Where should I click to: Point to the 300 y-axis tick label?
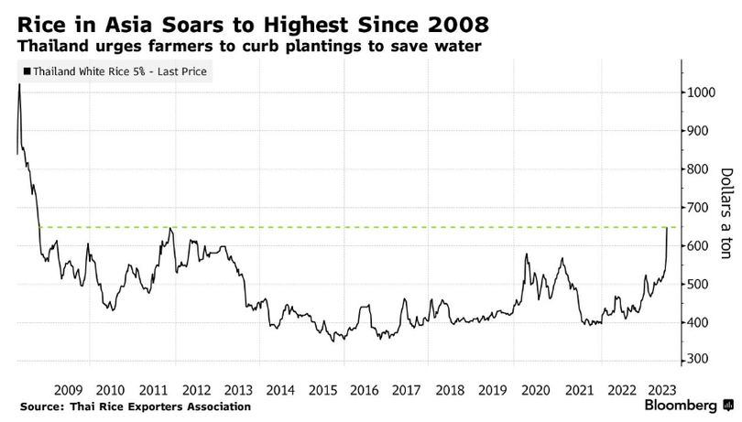699,361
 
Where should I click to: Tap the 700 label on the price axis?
699,208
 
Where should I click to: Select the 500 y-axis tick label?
699,284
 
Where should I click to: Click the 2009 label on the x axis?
70,388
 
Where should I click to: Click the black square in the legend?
27,70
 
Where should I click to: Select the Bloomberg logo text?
682,405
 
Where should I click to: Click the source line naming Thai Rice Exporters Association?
134,406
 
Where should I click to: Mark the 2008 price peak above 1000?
19,84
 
